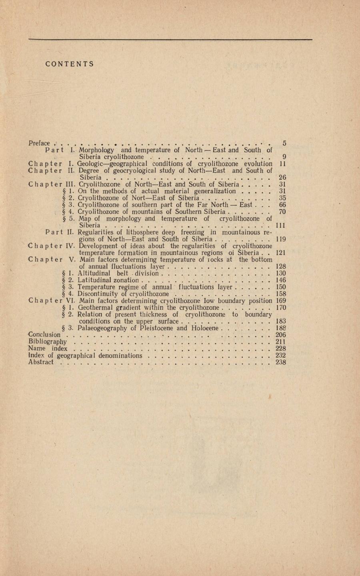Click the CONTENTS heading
70,64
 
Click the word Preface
39,143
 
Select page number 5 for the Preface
284,143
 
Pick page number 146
281,280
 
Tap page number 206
281,335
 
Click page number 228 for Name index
281,349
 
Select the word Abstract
41,362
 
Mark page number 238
281,362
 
